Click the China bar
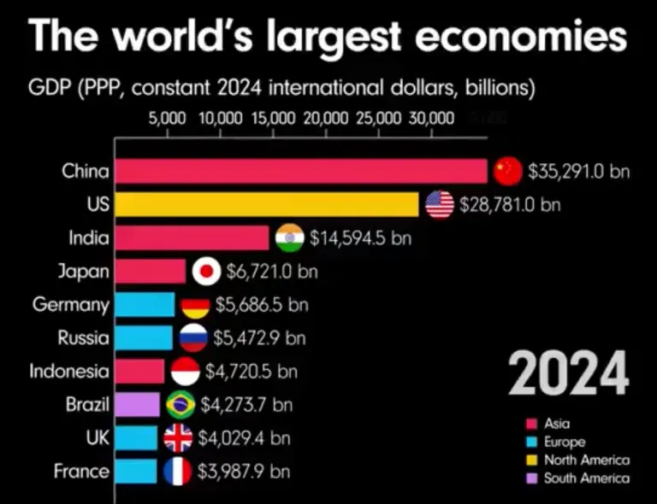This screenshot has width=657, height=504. (x=300, y=172)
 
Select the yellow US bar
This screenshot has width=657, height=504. (x=266, y=204)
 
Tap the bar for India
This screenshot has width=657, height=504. (x=192, y=237)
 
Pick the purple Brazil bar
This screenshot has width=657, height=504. (x=137, y=404)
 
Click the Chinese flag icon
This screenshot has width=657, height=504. (x=507, y=172)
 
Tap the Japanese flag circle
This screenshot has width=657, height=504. (x=206, y=272)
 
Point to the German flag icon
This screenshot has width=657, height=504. (x=195, y=305)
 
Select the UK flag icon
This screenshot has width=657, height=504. (x=178, y=438)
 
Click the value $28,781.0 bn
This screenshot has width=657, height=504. (x=510, y=205)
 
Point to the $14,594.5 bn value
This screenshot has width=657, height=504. (x=360, y=238)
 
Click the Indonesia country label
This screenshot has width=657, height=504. (x=69, y=372)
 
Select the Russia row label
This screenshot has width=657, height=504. (x=84, y=338)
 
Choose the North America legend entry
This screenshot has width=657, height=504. (x=586, y=460)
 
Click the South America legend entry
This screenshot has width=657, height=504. (x=586, y=478)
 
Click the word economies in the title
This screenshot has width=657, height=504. (x=514, y=38)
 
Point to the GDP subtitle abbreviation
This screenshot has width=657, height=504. (x=49, y=88)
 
